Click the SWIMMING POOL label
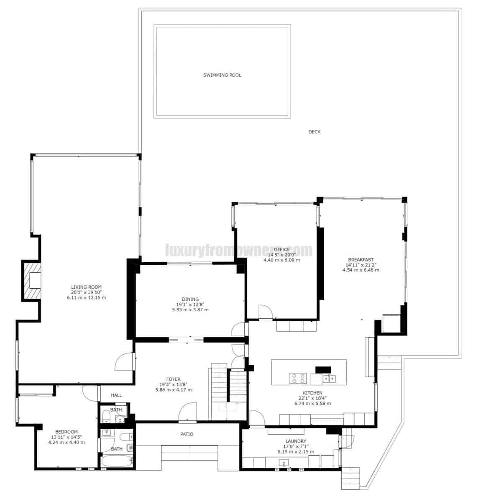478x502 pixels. tap(222, 75)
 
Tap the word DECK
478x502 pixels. tap(314, 132)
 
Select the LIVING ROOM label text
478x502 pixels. tap(86, 287)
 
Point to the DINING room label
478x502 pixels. tap(190, 299)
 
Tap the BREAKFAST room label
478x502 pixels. tap(360, 259)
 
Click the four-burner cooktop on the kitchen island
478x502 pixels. tap(298, 378)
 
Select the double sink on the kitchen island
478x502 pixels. tap(329, 379)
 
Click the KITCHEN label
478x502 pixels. tap(312, 393)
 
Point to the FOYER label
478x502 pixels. tap(173, 379)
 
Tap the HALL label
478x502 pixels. tap(116, 395)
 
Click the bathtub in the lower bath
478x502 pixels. tap(117, 462)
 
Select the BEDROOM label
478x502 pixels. tap(66, 432)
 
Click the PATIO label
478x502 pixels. tap(187, 434)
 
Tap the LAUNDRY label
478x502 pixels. tap(296, 441)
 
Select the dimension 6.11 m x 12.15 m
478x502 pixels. tap(86, 298)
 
